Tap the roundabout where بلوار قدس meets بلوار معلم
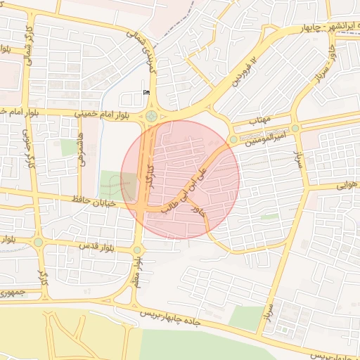point(138,250)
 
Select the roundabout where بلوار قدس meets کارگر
point(38,242)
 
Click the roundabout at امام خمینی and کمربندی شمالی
point(151,116)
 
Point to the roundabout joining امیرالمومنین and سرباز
point(295,128)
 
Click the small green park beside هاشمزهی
point(68,148)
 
